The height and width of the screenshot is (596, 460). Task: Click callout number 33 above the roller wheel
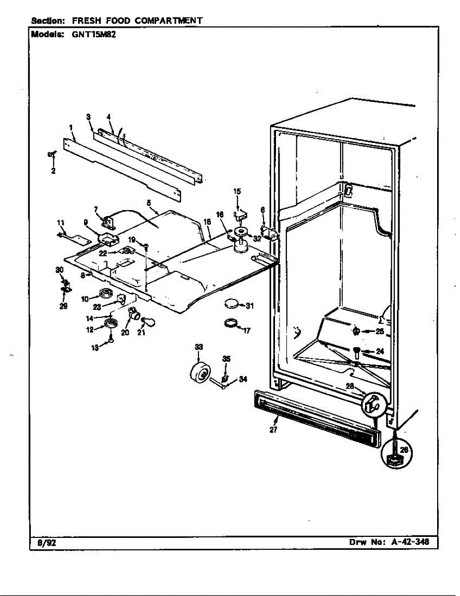pyautogui.click(x=199, y=347)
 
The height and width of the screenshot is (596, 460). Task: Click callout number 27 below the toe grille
pyautogui.click(x=274, y=430)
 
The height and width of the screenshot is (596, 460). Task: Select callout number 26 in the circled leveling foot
pyautogui.click(x=404, y=449)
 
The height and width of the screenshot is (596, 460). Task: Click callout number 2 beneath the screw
pyautogui.click(x=53, y=171)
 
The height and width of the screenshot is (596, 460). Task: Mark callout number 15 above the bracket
pyautogui.click(x=237, y=191)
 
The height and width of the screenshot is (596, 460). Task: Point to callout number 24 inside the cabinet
pyautogui.click(x=380, y=351)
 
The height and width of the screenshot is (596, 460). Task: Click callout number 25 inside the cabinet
pyautogui.click(x=380, y=331)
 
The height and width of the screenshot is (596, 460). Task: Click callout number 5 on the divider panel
pyautogui.click(x=149, y=202)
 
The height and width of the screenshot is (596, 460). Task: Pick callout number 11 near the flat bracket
pyautogui.click(x=61, y=222)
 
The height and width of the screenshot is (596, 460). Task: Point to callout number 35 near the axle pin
pyautogui.click(x=226, y=359)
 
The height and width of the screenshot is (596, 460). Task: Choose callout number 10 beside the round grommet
pyautogui.click(x=84, y=298)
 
